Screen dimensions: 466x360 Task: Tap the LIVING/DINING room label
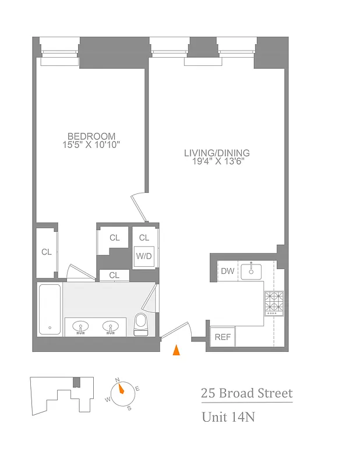pos(217,153)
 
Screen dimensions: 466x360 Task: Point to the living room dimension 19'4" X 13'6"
pos(217,161)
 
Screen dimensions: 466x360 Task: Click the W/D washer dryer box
pos(144,256)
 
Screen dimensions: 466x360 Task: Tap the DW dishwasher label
pos(227,271)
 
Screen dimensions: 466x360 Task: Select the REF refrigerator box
pos(222,337)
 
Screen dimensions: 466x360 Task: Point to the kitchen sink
pos(253,270)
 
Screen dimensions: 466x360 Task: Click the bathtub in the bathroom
pos(50,309)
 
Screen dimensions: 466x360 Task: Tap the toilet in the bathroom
pos(141,324)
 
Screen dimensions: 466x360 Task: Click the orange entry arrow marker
pos(177,350)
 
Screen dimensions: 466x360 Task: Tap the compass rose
pos(121,391)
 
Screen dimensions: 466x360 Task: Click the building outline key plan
pos(62,394)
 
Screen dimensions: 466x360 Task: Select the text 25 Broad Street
pos(246,393)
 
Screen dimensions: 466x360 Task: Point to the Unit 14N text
pos(228,417)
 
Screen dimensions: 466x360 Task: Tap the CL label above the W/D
pos(144,238)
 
